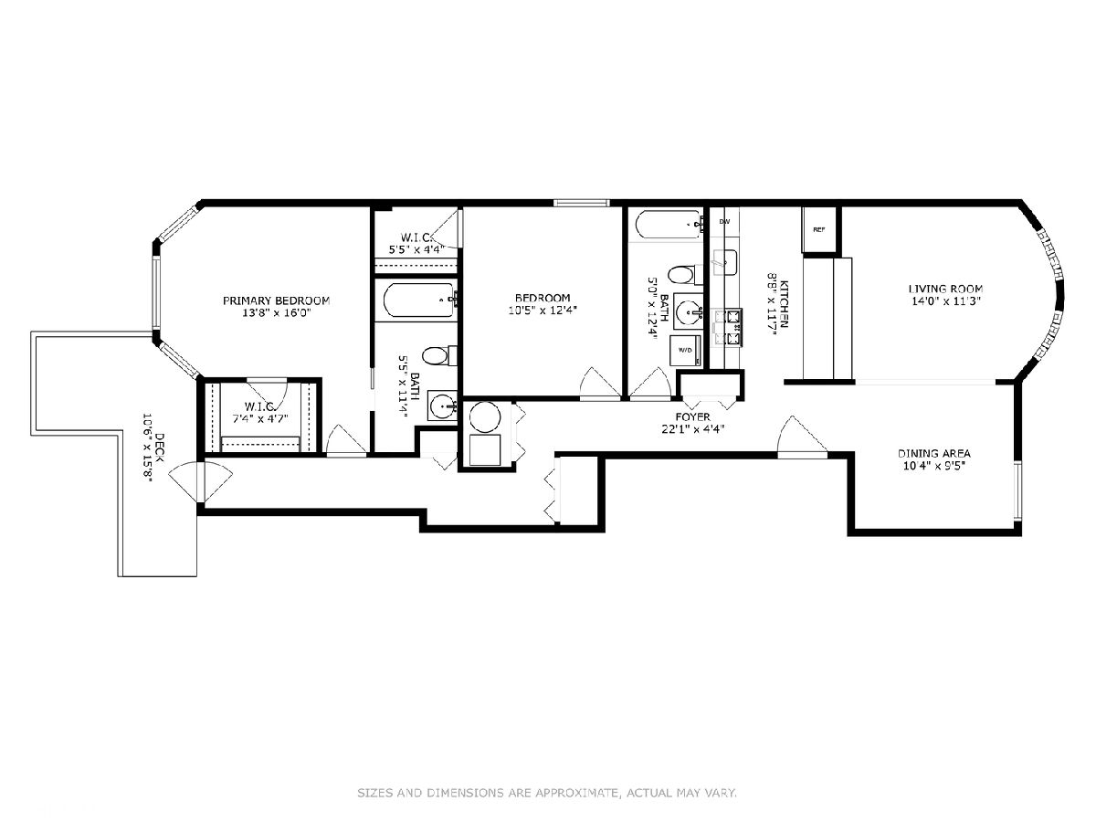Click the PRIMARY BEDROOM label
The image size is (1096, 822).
coord(276,301)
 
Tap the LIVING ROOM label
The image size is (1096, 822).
coord(945,289)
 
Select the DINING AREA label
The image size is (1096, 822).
coord(933,454)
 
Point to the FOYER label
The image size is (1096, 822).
coord(692,416)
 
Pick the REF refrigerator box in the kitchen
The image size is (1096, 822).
coord(819,229)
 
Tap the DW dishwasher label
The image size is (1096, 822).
coord(724,222)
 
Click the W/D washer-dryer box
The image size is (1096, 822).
coord(685,351)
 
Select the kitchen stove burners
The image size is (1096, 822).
coord(728,327)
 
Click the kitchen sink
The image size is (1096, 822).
coord(724,262)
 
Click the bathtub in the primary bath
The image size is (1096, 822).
coord(420,300)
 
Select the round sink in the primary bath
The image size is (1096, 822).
coord(442,406)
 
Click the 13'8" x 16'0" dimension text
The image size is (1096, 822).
coord(277,313)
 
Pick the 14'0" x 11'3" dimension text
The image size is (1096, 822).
coord(944,301)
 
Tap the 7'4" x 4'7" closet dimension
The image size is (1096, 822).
coord(260,418)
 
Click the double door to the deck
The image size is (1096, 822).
coord(201,482)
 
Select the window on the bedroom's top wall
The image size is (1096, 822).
coord(581,203)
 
